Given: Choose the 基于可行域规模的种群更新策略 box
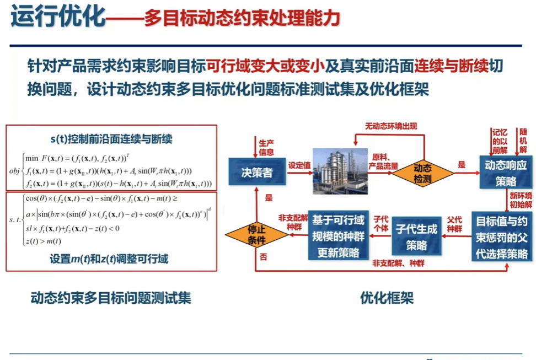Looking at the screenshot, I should click(x=338, y=236).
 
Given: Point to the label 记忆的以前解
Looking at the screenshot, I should click(x=499, y=141).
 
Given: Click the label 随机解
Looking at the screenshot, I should click(x=523, y=141).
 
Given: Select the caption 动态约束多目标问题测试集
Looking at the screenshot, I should click(x=111, y=299).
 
